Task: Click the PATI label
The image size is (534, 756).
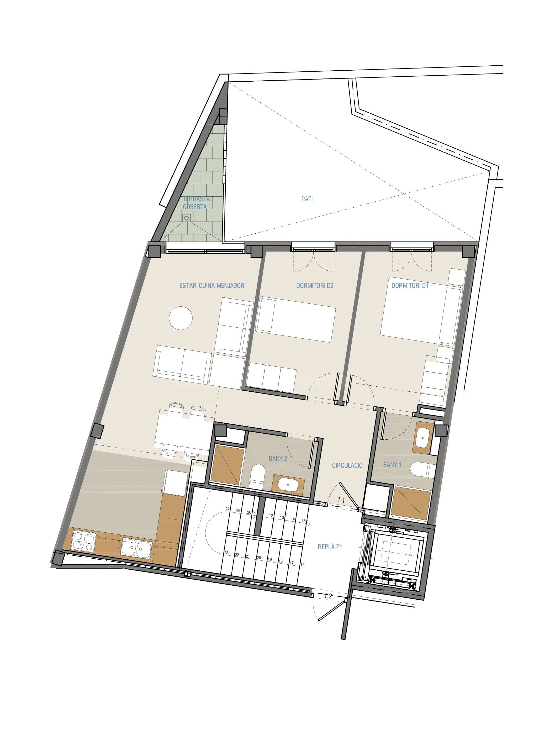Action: (x=307, y=199)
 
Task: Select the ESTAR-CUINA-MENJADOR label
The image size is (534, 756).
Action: (x=212, y=286)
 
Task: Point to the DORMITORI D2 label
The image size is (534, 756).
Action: (x=315, y=286)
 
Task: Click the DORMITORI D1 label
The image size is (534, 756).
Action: (x=410, y=286)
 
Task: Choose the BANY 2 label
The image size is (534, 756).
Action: (x=278, y=458)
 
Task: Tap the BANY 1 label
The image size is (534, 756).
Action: (x=392, y=465)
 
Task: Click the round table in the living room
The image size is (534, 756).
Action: (x=181, y=318)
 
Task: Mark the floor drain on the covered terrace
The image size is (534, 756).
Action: (x=187, y=218)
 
